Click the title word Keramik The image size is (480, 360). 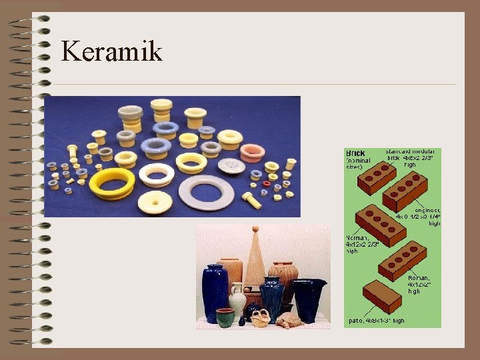tap(111, 51)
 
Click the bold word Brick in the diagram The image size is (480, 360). tap(355, 153)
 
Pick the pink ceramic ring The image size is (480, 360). tap(252, 153)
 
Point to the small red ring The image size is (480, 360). tap(267, 183)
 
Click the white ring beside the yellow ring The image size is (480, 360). tap(156, 175)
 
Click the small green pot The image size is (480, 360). tap(225, 318)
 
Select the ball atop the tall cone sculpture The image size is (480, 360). tap(254, 229)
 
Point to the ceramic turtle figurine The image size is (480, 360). tap(289, 321)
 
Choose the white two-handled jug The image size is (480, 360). tap(238, 299)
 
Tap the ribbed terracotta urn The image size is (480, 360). tap(285, 275)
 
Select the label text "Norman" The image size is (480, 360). tap(357, 238)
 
